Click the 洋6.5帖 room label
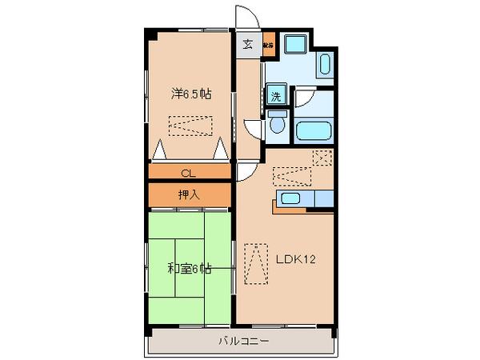pos(190,94)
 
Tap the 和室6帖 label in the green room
pos(190,269)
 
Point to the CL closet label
pos(189,172)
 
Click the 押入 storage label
pos(189,194)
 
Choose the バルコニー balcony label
pos(242,342)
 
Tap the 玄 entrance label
pos(248,44)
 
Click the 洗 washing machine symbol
pos(275,98)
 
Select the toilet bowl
pos(277,124)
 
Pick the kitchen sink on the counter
pos(290,198)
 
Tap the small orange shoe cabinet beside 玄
pos(268,45)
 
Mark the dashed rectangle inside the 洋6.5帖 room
pos(190,126)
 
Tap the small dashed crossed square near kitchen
pos(322,157)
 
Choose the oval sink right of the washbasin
pos(326,66)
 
